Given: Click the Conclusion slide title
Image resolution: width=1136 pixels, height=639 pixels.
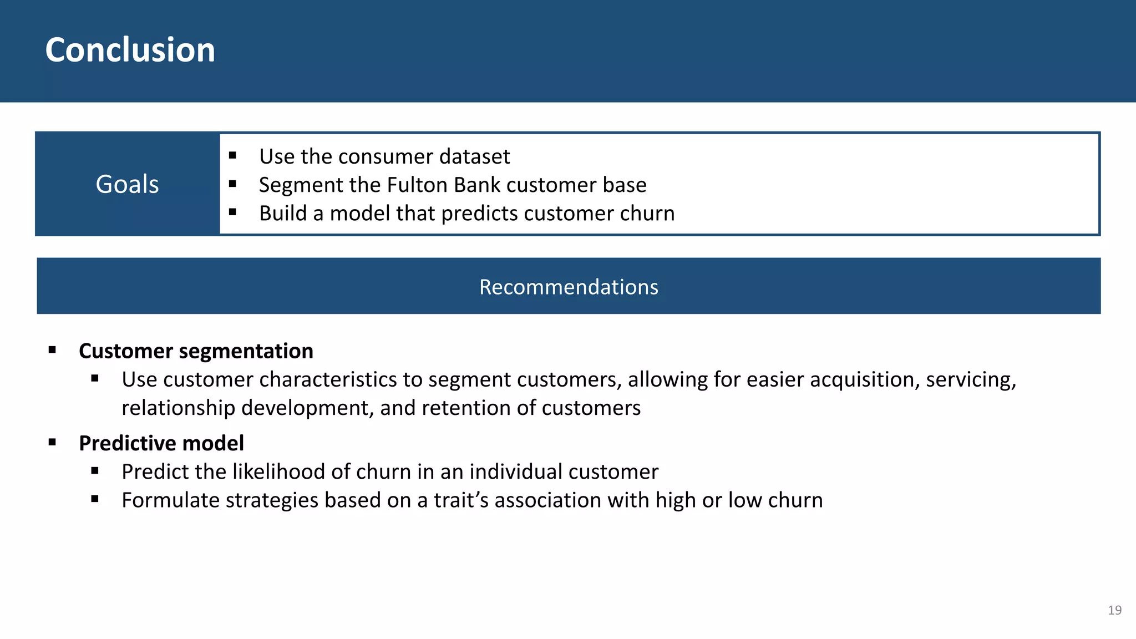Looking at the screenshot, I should click(x=130, y=50).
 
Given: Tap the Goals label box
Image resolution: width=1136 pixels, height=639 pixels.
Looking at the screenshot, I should click(x=127, y=184).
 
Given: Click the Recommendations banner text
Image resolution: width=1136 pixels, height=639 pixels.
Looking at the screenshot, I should click(x=569, y=287).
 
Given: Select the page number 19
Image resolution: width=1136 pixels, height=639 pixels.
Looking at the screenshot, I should click(x=1114, y=610).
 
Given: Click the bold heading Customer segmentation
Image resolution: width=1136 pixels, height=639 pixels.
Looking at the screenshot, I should click(x=196, y=351).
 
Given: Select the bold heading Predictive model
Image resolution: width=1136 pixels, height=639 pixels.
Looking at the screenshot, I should click(x=161, y=443).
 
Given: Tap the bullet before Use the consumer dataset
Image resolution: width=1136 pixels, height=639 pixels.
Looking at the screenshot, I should click(x=232, y=156).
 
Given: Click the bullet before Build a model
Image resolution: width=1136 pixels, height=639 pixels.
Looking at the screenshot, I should click(x=232, y=212).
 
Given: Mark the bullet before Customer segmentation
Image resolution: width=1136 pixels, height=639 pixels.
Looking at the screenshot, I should click(x=52, y=350).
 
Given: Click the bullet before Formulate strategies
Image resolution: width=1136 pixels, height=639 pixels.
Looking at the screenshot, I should click(x=95, y=499).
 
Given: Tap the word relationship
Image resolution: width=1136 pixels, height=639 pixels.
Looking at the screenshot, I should click(x=178, y=408).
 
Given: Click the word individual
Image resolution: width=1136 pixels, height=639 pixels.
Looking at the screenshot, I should click(x=515, y=471).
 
